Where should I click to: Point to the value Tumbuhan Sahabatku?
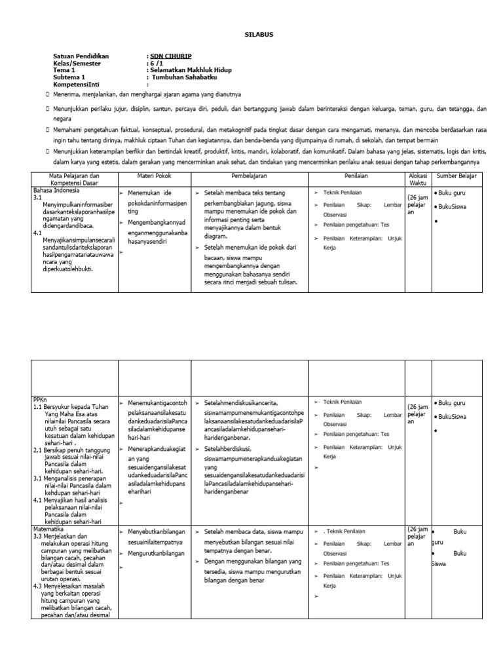(188, 77)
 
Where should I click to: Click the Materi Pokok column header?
(153, 176)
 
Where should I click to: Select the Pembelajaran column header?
(249, 176)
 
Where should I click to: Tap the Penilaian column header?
(357, 176)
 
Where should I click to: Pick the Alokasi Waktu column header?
(417, 180)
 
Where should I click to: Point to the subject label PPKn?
(41, 399)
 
